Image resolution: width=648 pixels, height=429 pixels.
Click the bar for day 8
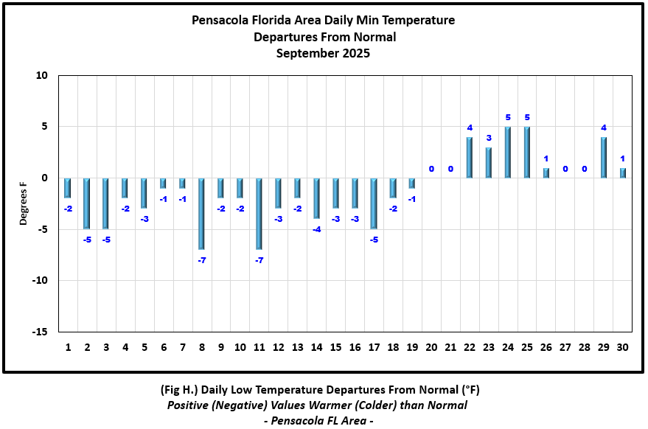[201, 213]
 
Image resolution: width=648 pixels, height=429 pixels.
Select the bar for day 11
[259, 213]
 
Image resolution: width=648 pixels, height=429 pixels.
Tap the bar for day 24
[508, 153]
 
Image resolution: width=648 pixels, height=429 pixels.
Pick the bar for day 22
[470, 157]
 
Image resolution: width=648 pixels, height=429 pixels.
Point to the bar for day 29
[604, 157]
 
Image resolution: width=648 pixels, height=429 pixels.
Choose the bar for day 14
[316, 198]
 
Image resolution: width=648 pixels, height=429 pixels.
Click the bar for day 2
[86, 203]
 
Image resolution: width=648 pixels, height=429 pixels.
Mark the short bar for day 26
[546, 173]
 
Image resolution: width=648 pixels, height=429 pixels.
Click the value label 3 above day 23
[489, 138]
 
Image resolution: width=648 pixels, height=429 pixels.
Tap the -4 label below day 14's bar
[316, 229]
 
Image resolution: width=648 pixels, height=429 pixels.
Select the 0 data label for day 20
[431, 169]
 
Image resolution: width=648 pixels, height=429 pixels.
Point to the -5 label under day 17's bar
[374, 240]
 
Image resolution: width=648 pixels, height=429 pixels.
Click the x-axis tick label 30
[623, 347]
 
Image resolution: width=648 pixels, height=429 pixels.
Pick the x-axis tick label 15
[335, 347]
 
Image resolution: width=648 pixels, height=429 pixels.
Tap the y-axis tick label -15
[39, 332]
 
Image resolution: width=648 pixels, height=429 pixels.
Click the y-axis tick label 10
[41, 76]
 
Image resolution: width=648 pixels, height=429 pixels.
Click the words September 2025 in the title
[323, 53]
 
